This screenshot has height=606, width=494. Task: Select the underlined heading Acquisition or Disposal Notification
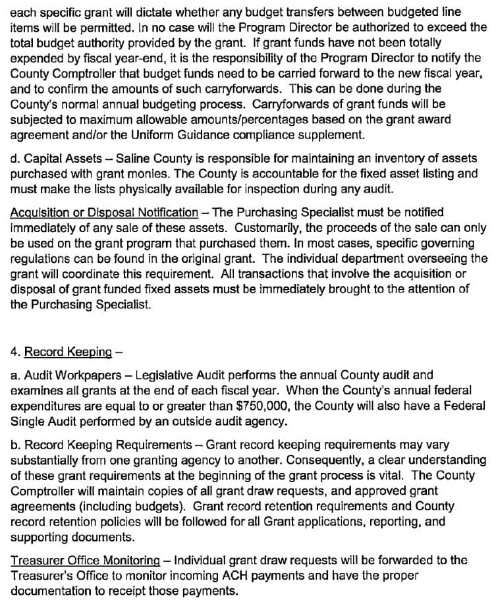[104, 212]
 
